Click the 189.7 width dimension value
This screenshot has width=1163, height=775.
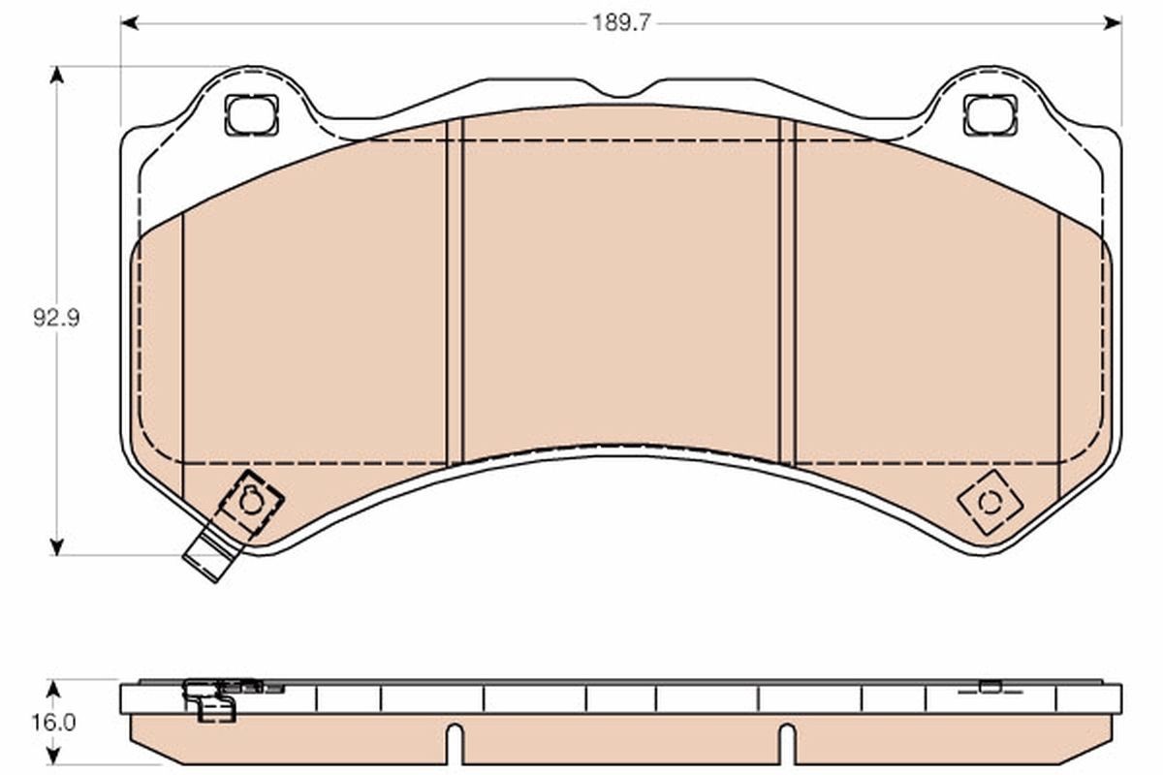click(621, 22)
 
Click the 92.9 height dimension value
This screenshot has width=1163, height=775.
click(56, 318)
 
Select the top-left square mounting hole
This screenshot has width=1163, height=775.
click(251, 115)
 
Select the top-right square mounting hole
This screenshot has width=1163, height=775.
click(990, 115)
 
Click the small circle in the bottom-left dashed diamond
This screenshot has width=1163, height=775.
click(251, 501)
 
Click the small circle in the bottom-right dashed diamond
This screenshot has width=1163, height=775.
click(990, 502)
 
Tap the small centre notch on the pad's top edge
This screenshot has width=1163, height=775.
click(620, 93)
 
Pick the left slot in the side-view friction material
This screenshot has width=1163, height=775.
click(455, 744)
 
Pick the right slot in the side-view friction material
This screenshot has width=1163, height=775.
click(787, 744)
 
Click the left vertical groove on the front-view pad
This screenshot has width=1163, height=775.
click(455, 291)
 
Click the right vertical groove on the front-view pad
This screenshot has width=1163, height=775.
click(787, 291)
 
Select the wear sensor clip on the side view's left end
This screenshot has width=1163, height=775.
click(213, 699)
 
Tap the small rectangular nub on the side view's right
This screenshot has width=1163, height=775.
click(990, 687)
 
